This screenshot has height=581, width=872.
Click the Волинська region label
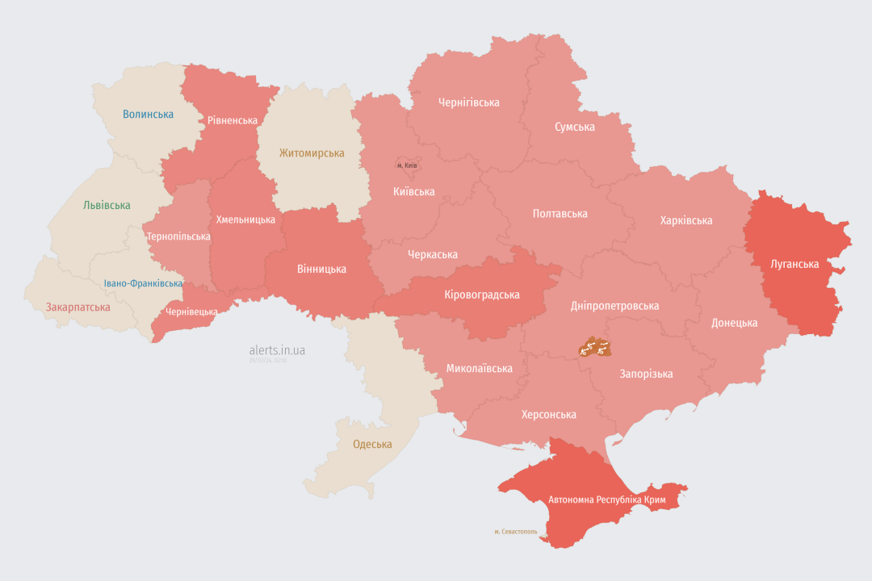click(148, 115)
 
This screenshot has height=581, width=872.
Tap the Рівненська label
click(233, 121)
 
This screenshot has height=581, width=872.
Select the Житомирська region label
click(312, 153)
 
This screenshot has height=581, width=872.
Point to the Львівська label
click(107, 206)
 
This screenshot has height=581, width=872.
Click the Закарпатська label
click(78, 307)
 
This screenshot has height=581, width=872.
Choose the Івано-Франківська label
click(144, 284)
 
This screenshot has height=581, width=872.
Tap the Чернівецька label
click(191, 311)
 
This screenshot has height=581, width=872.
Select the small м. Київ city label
click(407, 165)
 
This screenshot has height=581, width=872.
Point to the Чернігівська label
click(468, 102)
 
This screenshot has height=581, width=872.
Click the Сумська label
click(575, 127)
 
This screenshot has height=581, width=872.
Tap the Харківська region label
click(686, 220)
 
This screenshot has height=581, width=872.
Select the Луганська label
click(794, 265)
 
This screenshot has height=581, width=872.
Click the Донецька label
click(734, 323)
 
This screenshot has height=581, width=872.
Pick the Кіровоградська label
click(482, 295)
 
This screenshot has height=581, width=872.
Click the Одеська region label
click(372, 445)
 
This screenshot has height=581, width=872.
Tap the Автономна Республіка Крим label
click(606, 500)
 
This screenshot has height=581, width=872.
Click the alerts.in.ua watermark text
click(277, 350)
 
